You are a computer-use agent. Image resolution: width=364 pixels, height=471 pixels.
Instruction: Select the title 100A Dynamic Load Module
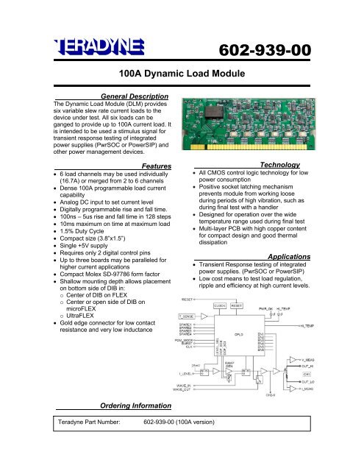tap(182, 74)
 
